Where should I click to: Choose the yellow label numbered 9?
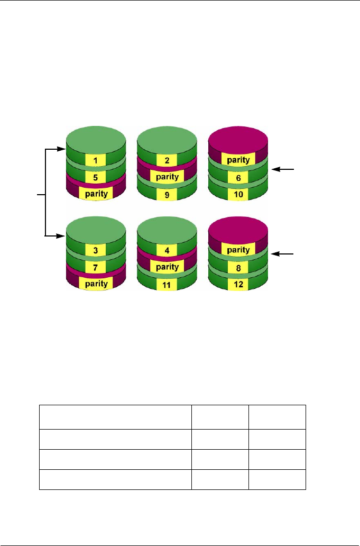coord(166,195)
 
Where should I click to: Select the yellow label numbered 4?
coord(166,249)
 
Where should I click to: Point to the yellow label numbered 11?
coord(166,286)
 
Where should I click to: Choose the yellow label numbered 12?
coord(238,286)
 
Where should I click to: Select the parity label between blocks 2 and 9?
coord(166,177)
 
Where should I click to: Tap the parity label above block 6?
coord(238,159)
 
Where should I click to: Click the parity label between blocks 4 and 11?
coord(166,267)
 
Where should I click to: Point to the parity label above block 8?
coord(238,249)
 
